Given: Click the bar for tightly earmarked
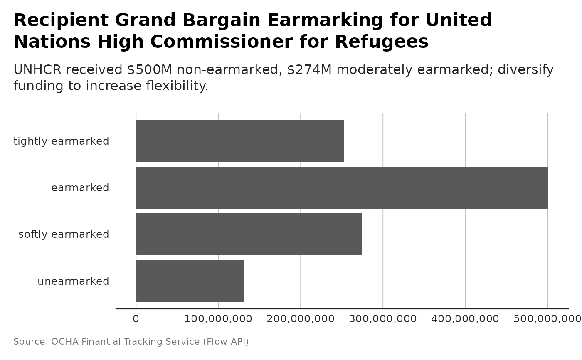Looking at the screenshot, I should click(240, 141).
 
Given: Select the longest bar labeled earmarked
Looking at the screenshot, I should click(342, 187).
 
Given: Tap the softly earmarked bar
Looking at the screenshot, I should click(249, 234).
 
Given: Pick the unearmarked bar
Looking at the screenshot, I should click(190, 281).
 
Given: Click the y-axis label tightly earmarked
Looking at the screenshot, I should click(61, 141).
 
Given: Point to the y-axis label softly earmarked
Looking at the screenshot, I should click(64, 234).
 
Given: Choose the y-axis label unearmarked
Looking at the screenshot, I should click(73, 281).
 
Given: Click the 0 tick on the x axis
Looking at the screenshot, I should click(136, 319).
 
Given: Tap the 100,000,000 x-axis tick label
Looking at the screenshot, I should click(218, 319).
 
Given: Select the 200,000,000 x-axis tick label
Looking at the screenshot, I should click(301, 319).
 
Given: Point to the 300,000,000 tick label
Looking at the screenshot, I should click(383, 319).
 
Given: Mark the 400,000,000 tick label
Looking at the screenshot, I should click(465, 319).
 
